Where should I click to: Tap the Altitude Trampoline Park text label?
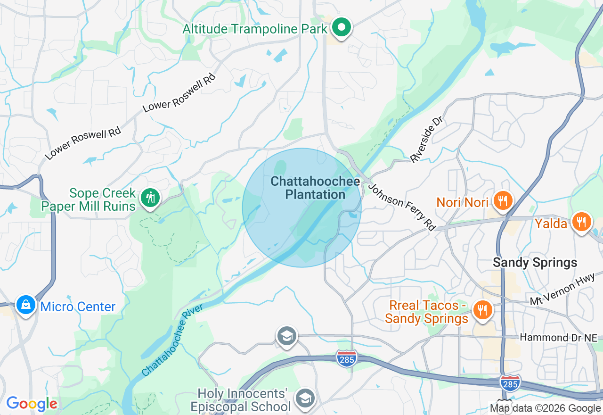255,29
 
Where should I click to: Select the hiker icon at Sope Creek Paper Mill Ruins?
150,198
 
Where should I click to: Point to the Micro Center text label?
78,307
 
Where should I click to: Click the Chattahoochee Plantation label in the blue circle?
315,188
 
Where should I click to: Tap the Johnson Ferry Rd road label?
402,207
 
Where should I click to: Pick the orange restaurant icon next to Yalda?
582,221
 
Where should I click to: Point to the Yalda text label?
551,224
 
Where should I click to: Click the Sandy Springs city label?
535,263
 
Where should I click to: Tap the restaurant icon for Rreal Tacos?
482,310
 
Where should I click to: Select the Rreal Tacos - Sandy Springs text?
427,312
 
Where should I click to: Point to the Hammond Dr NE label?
558,338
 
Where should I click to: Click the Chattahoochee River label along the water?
172,340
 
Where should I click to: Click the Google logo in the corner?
32,404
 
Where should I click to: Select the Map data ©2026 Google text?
545,408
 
